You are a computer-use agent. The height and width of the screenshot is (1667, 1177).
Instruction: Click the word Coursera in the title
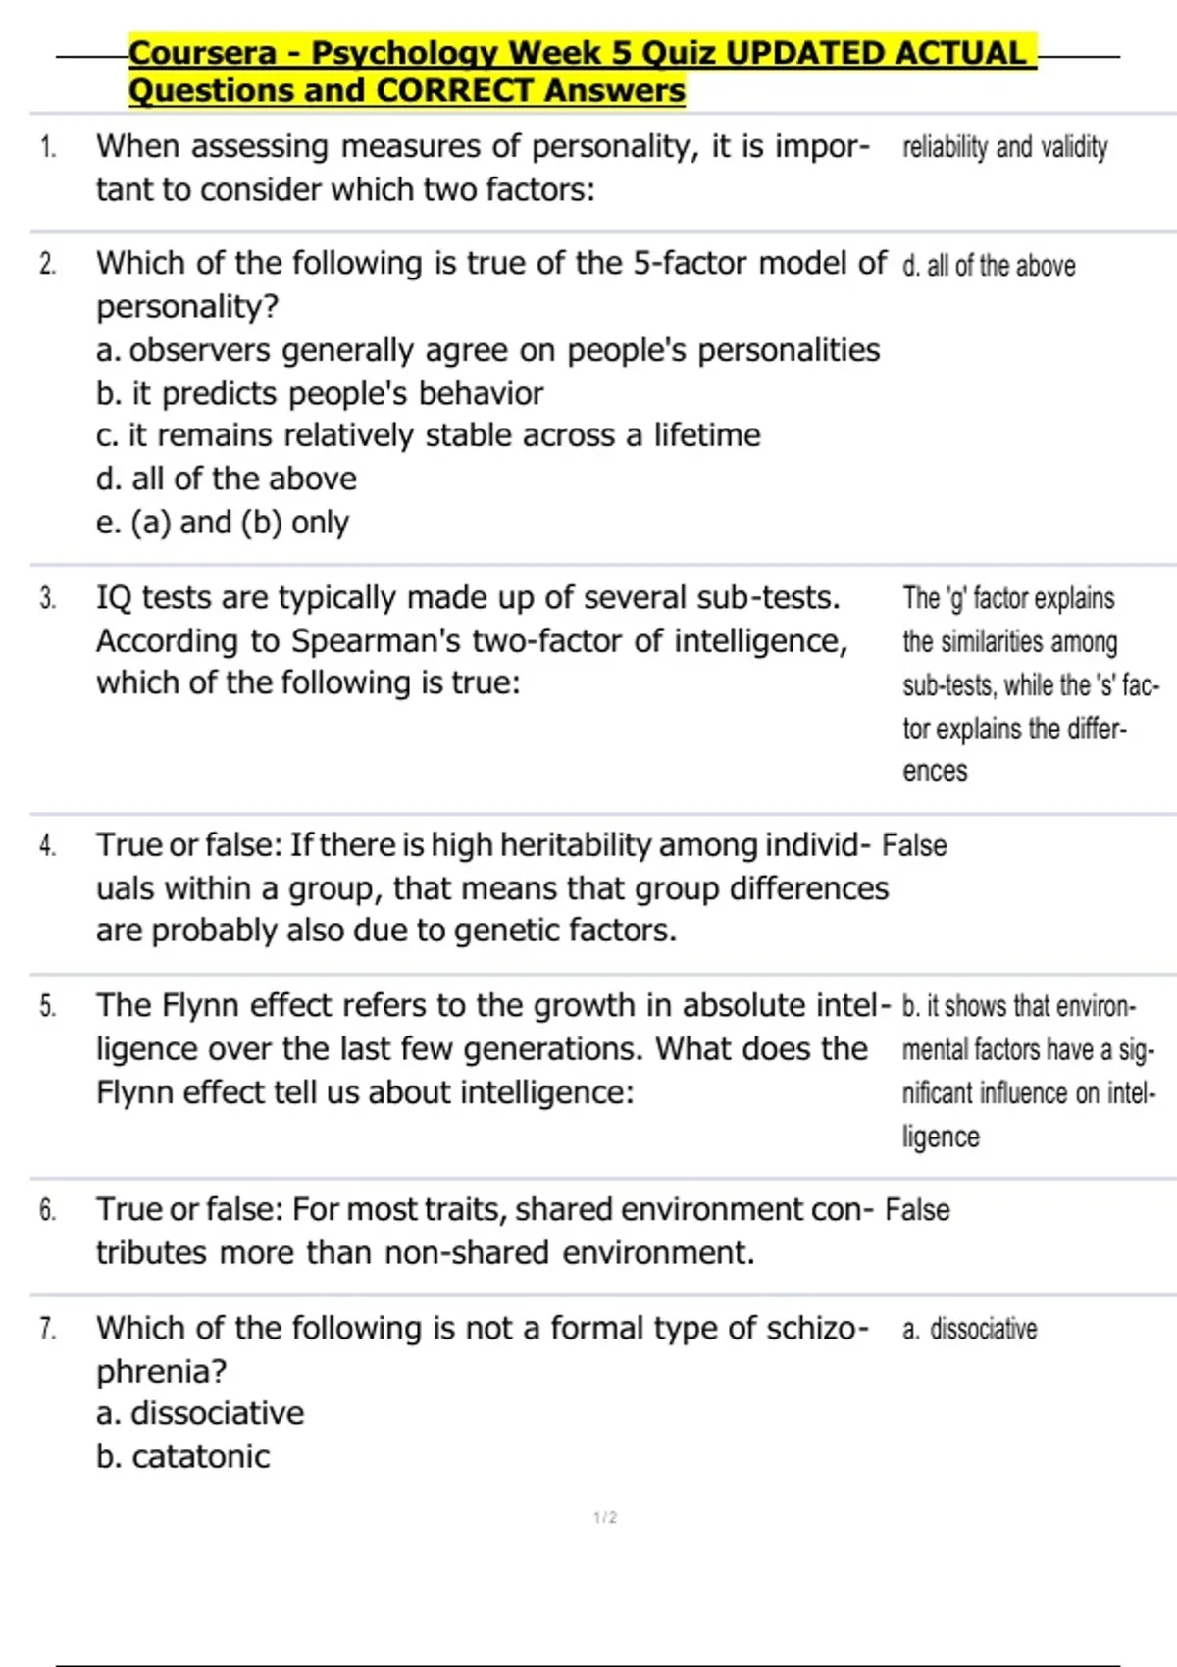(203, 53)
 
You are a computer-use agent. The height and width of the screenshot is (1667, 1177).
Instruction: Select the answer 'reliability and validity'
(1004, 148)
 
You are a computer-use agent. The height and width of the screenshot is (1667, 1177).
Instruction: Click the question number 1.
(48, 148)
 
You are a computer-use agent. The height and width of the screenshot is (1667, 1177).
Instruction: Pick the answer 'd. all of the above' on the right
(989, 266)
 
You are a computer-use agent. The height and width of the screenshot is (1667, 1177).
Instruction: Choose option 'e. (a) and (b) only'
(222, 523)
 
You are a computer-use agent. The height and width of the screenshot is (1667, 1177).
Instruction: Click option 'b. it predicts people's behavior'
(319, 393)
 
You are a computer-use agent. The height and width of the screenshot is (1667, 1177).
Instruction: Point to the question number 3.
(48, 598)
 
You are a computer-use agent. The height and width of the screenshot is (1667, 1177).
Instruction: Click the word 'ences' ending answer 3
(935, 772)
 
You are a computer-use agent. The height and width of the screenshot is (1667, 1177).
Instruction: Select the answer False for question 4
(914, 845)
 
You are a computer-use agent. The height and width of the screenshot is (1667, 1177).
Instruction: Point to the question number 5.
(48, 1006)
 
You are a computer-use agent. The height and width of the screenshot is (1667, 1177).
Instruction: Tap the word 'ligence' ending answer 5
(941, 1137)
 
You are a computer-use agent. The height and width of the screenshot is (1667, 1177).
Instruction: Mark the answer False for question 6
(917, 1210)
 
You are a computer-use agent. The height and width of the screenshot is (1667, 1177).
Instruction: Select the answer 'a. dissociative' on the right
(969, 1330)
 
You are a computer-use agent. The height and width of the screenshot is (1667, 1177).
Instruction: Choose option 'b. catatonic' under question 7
(182, 1457)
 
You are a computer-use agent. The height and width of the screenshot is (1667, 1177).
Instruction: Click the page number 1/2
(605, 1518)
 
